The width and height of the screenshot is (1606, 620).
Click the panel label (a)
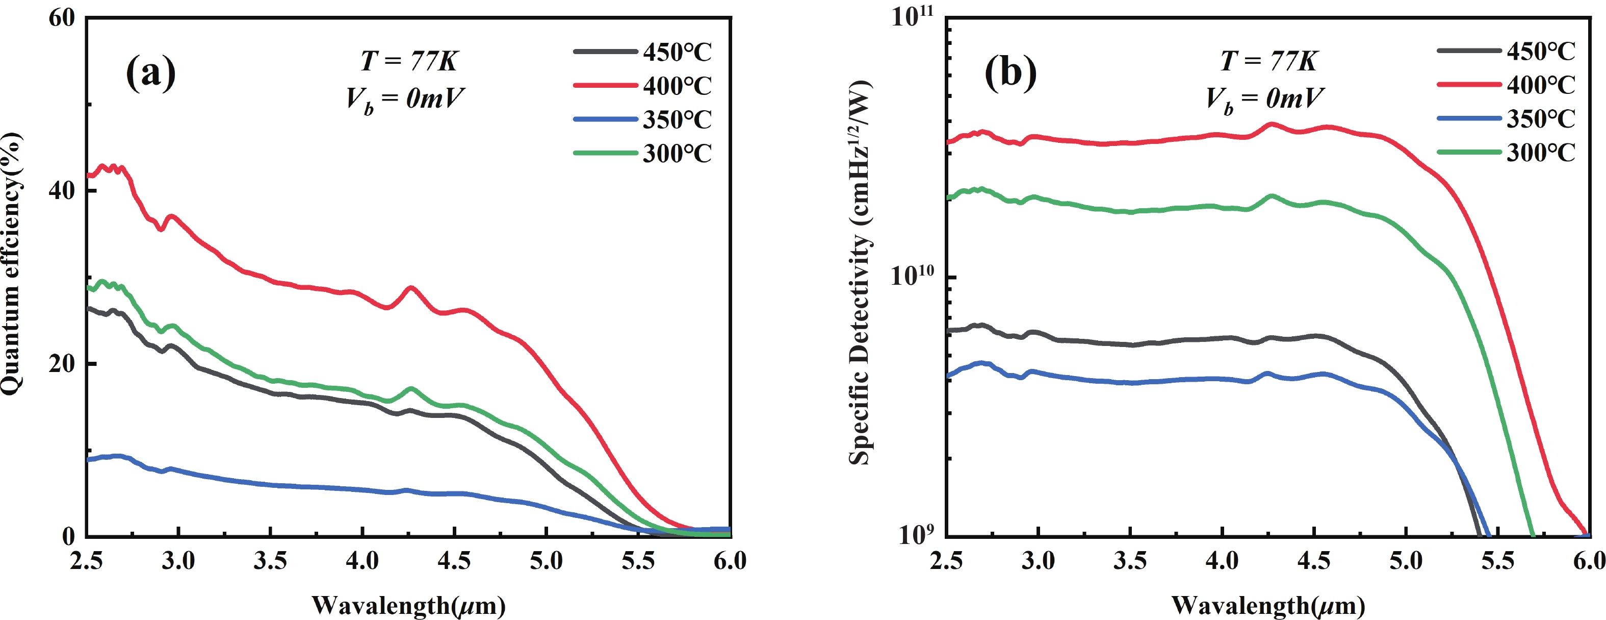150,73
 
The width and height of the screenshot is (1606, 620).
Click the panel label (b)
1010,73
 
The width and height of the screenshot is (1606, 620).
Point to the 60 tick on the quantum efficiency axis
62,18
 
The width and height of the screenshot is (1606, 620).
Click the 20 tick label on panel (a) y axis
62,364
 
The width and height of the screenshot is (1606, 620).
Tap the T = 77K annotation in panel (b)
1268,61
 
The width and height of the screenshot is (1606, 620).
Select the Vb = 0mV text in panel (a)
405,98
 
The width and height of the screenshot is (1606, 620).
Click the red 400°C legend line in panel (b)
1468,84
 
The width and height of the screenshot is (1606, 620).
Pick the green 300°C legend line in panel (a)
605,153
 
